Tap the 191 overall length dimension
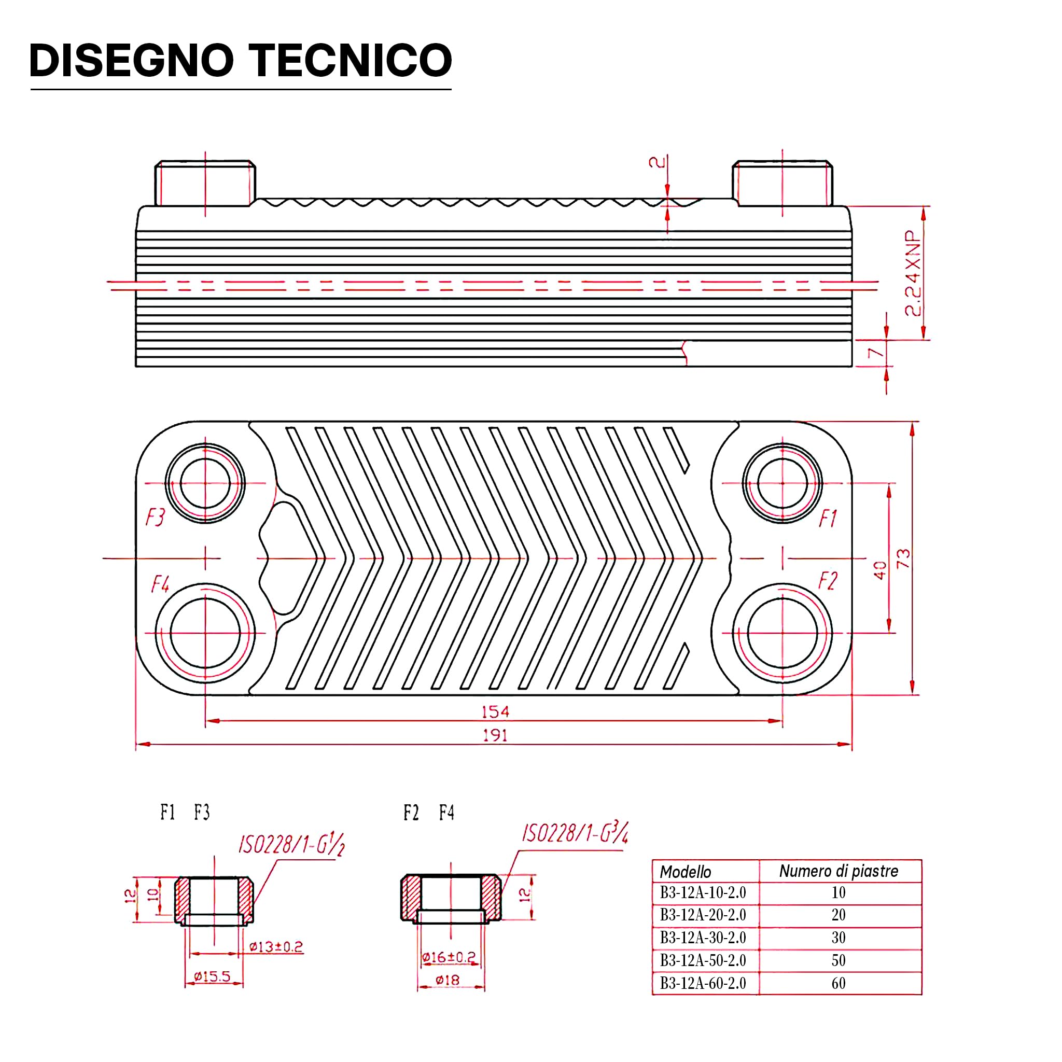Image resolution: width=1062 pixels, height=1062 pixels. (x=495, y=735)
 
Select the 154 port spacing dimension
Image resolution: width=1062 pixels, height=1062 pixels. (x=495, y=712)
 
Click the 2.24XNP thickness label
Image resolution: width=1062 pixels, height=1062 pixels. (x=913, y=273)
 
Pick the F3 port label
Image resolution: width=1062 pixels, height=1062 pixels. (x=155, y=517)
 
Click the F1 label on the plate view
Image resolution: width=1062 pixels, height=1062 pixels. (x=828, y=518)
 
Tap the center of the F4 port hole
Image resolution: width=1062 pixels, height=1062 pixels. (x=205, y=633)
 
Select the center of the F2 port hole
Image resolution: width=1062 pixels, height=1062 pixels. (x=782, y=633)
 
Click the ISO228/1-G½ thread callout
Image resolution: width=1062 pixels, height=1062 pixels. (x=291, y=844)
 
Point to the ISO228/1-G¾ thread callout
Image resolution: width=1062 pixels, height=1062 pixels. (x=575, y=833)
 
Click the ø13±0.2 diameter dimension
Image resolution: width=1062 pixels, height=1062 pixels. (x=276, y=946)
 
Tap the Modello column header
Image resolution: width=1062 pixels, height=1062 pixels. (x=686, y=872)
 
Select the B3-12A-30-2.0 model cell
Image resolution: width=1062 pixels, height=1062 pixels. (x=703, y=937)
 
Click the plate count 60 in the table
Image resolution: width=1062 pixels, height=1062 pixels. (x=839, y=983)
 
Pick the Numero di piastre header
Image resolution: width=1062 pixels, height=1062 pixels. (x=839, y=871)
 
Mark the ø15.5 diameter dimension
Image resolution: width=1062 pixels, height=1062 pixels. (x=212, y=977)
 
